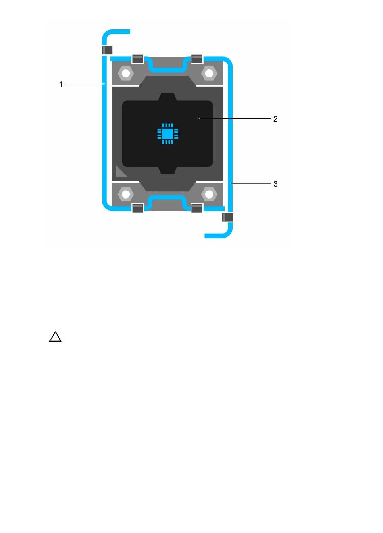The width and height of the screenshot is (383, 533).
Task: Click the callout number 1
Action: click(61, 84)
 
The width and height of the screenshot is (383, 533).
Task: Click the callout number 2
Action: click(275, 119)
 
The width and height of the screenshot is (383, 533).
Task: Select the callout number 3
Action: click(275, 184)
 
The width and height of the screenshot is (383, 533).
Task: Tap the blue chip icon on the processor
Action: click(168, 133)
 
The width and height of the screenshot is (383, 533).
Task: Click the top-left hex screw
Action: click(126, 73)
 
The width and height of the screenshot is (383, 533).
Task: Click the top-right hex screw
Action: click(209, 73)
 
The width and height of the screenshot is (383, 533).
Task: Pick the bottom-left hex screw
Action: click(126, 194)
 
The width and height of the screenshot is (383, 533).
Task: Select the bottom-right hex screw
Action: click(209, 194)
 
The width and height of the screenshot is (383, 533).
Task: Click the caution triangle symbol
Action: click(55, 336)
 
